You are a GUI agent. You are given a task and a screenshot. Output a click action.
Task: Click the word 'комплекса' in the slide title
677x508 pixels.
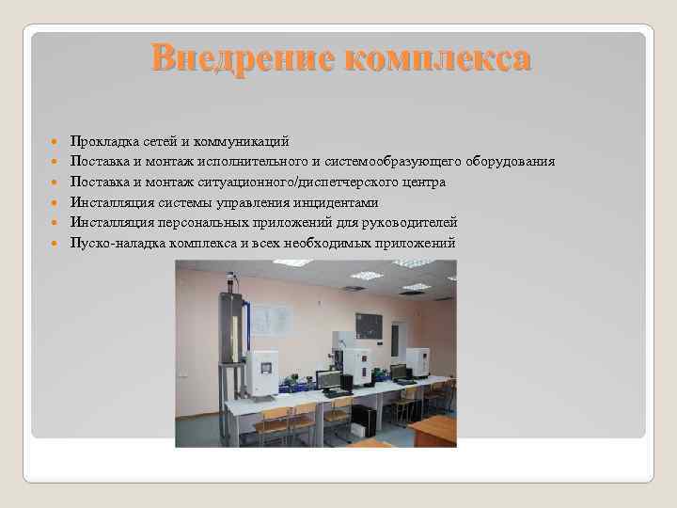(x=437, y=58)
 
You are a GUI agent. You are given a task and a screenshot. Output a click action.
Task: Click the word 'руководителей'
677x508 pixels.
(x=410, y=222)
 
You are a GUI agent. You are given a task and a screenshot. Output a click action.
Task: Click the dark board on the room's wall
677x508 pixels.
(x=368, y=325)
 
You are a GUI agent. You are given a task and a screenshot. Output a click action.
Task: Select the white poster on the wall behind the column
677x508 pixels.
(x=271, y=319)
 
